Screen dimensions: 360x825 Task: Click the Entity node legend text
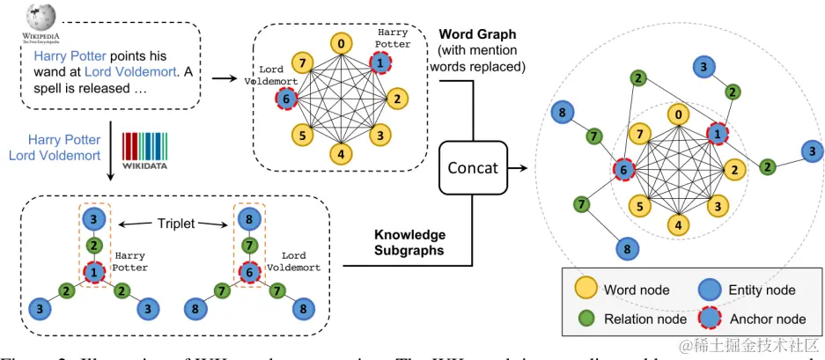point(762,290)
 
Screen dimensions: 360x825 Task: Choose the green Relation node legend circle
point(585,319)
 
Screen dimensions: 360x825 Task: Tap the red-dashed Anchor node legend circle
point(710,319)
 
